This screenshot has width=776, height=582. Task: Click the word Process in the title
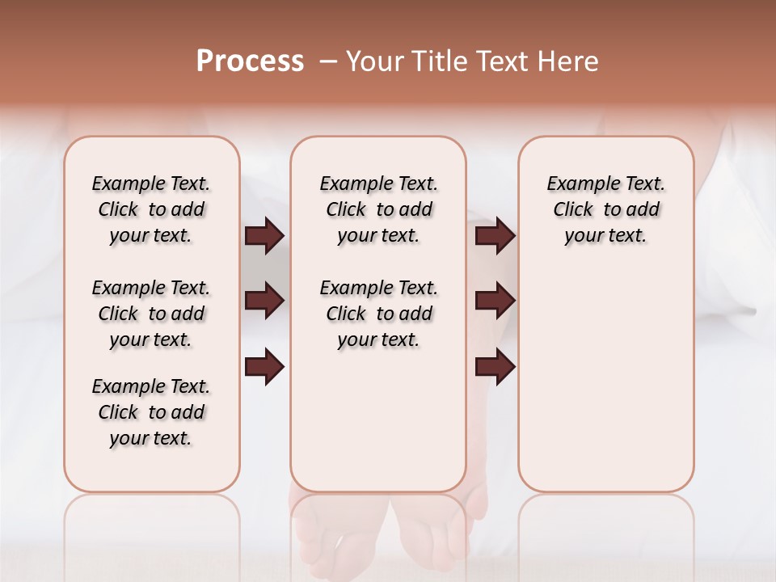(250, 61)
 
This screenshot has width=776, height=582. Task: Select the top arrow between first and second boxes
(264, 236)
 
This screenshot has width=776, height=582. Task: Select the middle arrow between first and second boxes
(264, 301)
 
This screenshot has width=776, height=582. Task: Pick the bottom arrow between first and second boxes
(264, 367)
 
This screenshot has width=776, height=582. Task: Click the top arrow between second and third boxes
(495, 236)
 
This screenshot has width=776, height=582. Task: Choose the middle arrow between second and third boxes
(495, 301)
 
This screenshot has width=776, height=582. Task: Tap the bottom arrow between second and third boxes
(495, 367)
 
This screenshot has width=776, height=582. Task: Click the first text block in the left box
(151, 209)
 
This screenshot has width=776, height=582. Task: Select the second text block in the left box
(151, 314)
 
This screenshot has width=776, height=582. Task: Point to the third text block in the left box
(151, 412)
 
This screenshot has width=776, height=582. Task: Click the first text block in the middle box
(378, 209)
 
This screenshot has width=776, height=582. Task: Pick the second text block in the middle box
(378, 314)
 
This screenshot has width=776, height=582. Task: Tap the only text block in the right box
(605, 209)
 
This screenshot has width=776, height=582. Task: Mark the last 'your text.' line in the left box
(151, 438)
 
